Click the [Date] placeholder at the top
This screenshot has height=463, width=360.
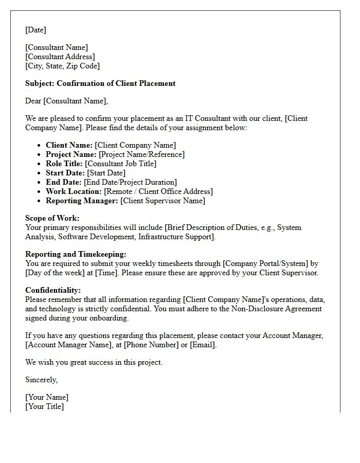[x=35, y=30]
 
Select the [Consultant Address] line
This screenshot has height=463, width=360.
[x=60, y=57]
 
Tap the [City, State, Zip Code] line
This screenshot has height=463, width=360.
[x=62, y=66]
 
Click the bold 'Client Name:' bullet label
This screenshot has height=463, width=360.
[x=69, y=145]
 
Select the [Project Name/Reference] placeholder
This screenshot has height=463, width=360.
[x=141, y=154]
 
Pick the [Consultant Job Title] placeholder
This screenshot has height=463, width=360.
[x=120, y=164]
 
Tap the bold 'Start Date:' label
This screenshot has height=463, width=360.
[x=65, y=173]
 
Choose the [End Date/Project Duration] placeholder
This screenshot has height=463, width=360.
[x=130, y=182]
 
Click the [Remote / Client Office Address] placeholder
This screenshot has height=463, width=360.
[x=158, y=191]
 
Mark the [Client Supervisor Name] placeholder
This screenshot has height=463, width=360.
[x=163, y=201]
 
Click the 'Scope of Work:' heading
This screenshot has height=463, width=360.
[x=52, y=218]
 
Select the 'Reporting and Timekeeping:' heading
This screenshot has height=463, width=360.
[x=76, y=254]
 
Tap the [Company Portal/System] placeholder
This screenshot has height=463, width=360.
[x=266, y=263]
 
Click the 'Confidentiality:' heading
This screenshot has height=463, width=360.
[x=53, y=290]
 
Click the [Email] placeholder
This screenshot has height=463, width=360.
[x=203, y=345]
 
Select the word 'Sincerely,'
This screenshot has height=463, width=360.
[x=42, y=380]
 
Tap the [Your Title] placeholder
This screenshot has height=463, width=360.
[x=45, y=406]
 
